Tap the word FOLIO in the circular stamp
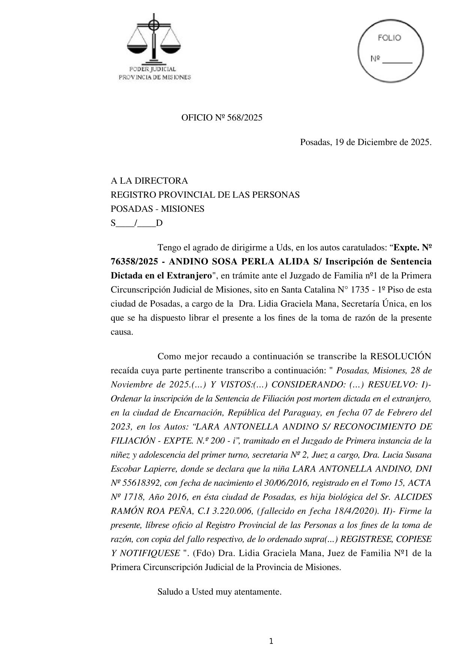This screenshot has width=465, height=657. pos(389,38)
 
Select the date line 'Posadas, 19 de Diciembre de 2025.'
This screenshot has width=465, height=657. pos(366,142)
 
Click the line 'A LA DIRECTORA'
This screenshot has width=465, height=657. pos(149,181)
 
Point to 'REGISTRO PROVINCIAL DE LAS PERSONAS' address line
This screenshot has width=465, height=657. pos(205,195)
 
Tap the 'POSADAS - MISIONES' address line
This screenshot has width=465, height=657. pos(157,209)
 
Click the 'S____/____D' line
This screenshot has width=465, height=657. pos(136,223)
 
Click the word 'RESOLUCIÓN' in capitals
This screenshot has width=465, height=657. pos(400,356)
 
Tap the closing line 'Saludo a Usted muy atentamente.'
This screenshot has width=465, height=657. pos(219,592)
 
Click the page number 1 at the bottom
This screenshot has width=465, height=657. pos(271,641)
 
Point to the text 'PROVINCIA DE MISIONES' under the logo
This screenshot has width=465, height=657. pos(154,77)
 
